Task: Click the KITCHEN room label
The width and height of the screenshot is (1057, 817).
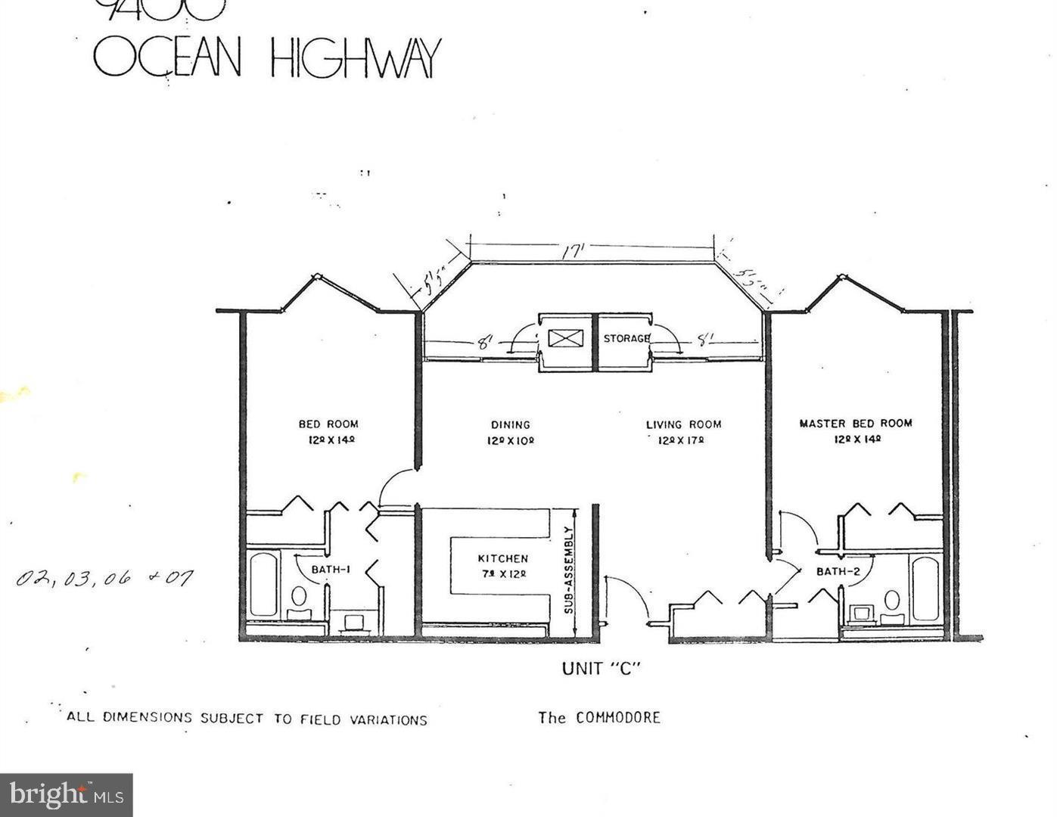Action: pyautogui.click(x=502, y=558)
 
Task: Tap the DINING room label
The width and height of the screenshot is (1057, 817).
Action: pyautogui.click(x=510, y=425)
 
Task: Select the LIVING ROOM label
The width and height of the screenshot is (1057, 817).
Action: pyautogui.click(x=683, y=424)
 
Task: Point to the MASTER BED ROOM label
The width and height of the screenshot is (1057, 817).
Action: pyautogui.click(x=856, y=424)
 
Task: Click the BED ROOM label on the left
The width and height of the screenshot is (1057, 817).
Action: pyautogui.click(x=328, y=424)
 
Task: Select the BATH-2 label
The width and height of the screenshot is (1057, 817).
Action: pyautogui.click(x=837, y=571)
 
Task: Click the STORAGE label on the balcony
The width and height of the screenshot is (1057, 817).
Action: pyautogui.click(x=626, y=338)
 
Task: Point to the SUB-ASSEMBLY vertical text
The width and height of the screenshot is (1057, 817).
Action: pyautogui.click(x=568, y=570)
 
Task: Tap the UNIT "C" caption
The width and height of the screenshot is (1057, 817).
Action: pyautogui.click(x=602, y=669)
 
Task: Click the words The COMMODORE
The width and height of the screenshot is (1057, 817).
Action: pyautogui.click(x=599, y=717)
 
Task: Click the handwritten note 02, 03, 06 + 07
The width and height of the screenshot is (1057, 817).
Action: pyautogui.click(x=105, y=579)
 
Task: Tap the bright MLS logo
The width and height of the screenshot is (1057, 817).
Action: pyautogui.click(x=67, y=795)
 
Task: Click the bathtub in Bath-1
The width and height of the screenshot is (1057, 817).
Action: pyautogui.click(x=263, y=584)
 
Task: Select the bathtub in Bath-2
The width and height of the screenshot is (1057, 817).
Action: pyautogui.click(x=925, y=589)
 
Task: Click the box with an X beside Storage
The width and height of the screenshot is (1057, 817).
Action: pyautogui.click(x=565, y=338)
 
